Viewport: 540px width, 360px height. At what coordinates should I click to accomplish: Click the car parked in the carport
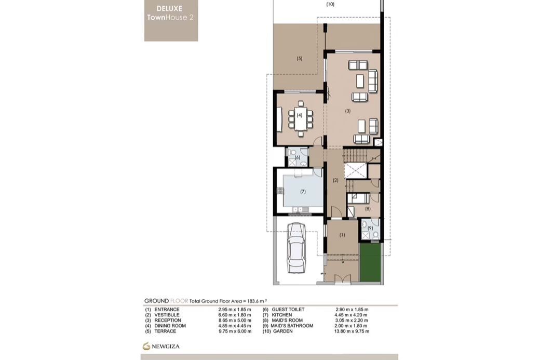296,248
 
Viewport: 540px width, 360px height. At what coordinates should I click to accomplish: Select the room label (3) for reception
348,111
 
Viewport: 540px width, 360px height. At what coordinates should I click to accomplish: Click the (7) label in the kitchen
303,192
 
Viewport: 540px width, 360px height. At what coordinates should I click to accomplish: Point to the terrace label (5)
300,59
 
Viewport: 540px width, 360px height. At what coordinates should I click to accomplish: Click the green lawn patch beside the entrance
370,262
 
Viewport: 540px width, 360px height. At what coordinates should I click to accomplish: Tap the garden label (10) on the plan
330,4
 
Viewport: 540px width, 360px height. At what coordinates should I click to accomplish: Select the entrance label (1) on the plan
342,235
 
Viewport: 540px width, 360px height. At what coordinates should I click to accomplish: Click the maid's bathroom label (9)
370,228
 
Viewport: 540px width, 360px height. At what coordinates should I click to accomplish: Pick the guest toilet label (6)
298,157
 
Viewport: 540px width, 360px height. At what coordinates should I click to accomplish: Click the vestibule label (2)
335,180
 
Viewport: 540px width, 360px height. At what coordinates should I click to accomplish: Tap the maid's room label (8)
368,208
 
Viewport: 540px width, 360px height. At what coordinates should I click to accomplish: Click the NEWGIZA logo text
166,346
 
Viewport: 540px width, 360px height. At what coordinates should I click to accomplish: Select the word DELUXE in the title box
169,9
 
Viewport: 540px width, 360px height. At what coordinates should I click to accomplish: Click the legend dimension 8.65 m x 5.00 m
235,321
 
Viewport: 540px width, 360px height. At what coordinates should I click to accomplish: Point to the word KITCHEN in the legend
282,315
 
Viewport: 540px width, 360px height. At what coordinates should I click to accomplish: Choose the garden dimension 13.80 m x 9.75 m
352,331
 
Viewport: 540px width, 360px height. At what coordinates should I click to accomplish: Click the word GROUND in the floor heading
156,301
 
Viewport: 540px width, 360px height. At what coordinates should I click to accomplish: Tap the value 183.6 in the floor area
253,301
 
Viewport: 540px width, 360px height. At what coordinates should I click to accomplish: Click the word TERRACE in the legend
165,331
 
